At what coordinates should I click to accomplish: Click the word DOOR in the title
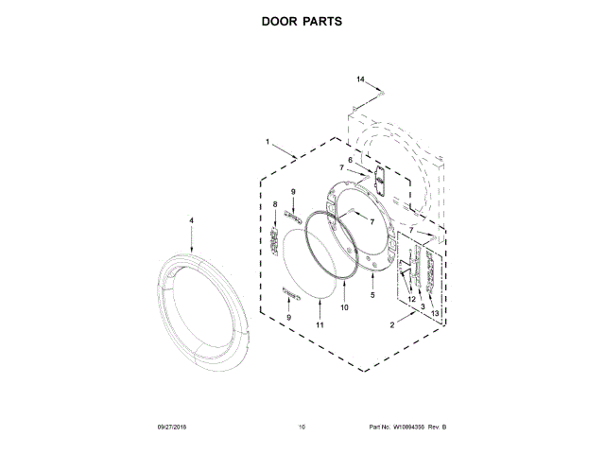[x=281, y=20]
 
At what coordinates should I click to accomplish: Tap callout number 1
[x=268, y=144]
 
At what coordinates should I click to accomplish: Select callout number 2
[x=392, y=324]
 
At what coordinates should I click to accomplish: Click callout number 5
[x=372, y=295]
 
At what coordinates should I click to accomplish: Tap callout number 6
[x=350, y=161]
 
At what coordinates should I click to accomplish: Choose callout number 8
[x=275, y=204]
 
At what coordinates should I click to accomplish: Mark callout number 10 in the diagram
[x=344, y=307]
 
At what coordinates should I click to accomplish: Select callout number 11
[x=320, y=324]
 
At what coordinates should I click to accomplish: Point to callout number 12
[x=411, y=300]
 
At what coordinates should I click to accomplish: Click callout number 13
[x=435, y=313]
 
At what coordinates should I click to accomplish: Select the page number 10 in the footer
[x=302, y=428]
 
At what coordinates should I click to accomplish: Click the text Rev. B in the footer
[x=437, y=428]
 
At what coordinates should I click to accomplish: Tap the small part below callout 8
[x=275, y=243]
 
